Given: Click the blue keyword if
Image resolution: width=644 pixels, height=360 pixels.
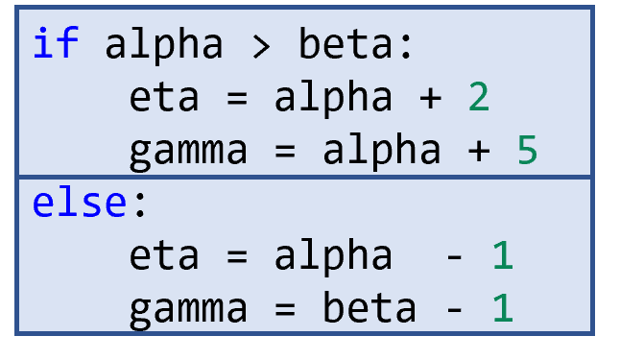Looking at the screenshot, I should pos(55,44).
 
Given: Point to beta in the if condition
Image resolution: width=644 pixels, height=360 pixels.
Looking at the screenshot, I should pos(345,44).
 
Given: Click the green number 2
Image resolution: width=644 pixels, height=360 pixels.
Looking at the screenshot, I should pos(478,98).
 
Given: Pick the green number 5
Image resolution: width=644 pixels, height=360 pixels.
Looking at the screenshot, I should pos(527,151).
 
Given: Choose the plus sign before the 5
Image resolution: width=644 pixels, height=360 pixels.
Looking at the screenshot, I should pos(478,152).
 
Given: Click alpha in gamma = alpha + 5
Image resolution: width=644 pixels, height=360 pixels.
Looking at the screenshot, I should pos(381,151).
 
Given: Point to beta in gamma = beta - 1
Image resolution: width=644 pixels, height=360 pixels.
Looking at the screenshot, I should pos(369,308).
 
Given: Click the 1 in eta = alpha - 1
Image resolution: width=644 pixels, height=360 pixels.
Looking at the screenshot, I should pos(503,256).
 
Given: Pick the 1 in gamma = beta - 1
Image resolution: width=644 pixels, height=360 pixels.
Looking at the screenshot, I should pos(503,308).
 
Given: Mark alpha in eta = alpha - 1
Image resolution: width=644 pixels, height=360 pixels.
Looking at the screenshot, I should pos(333,256).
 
